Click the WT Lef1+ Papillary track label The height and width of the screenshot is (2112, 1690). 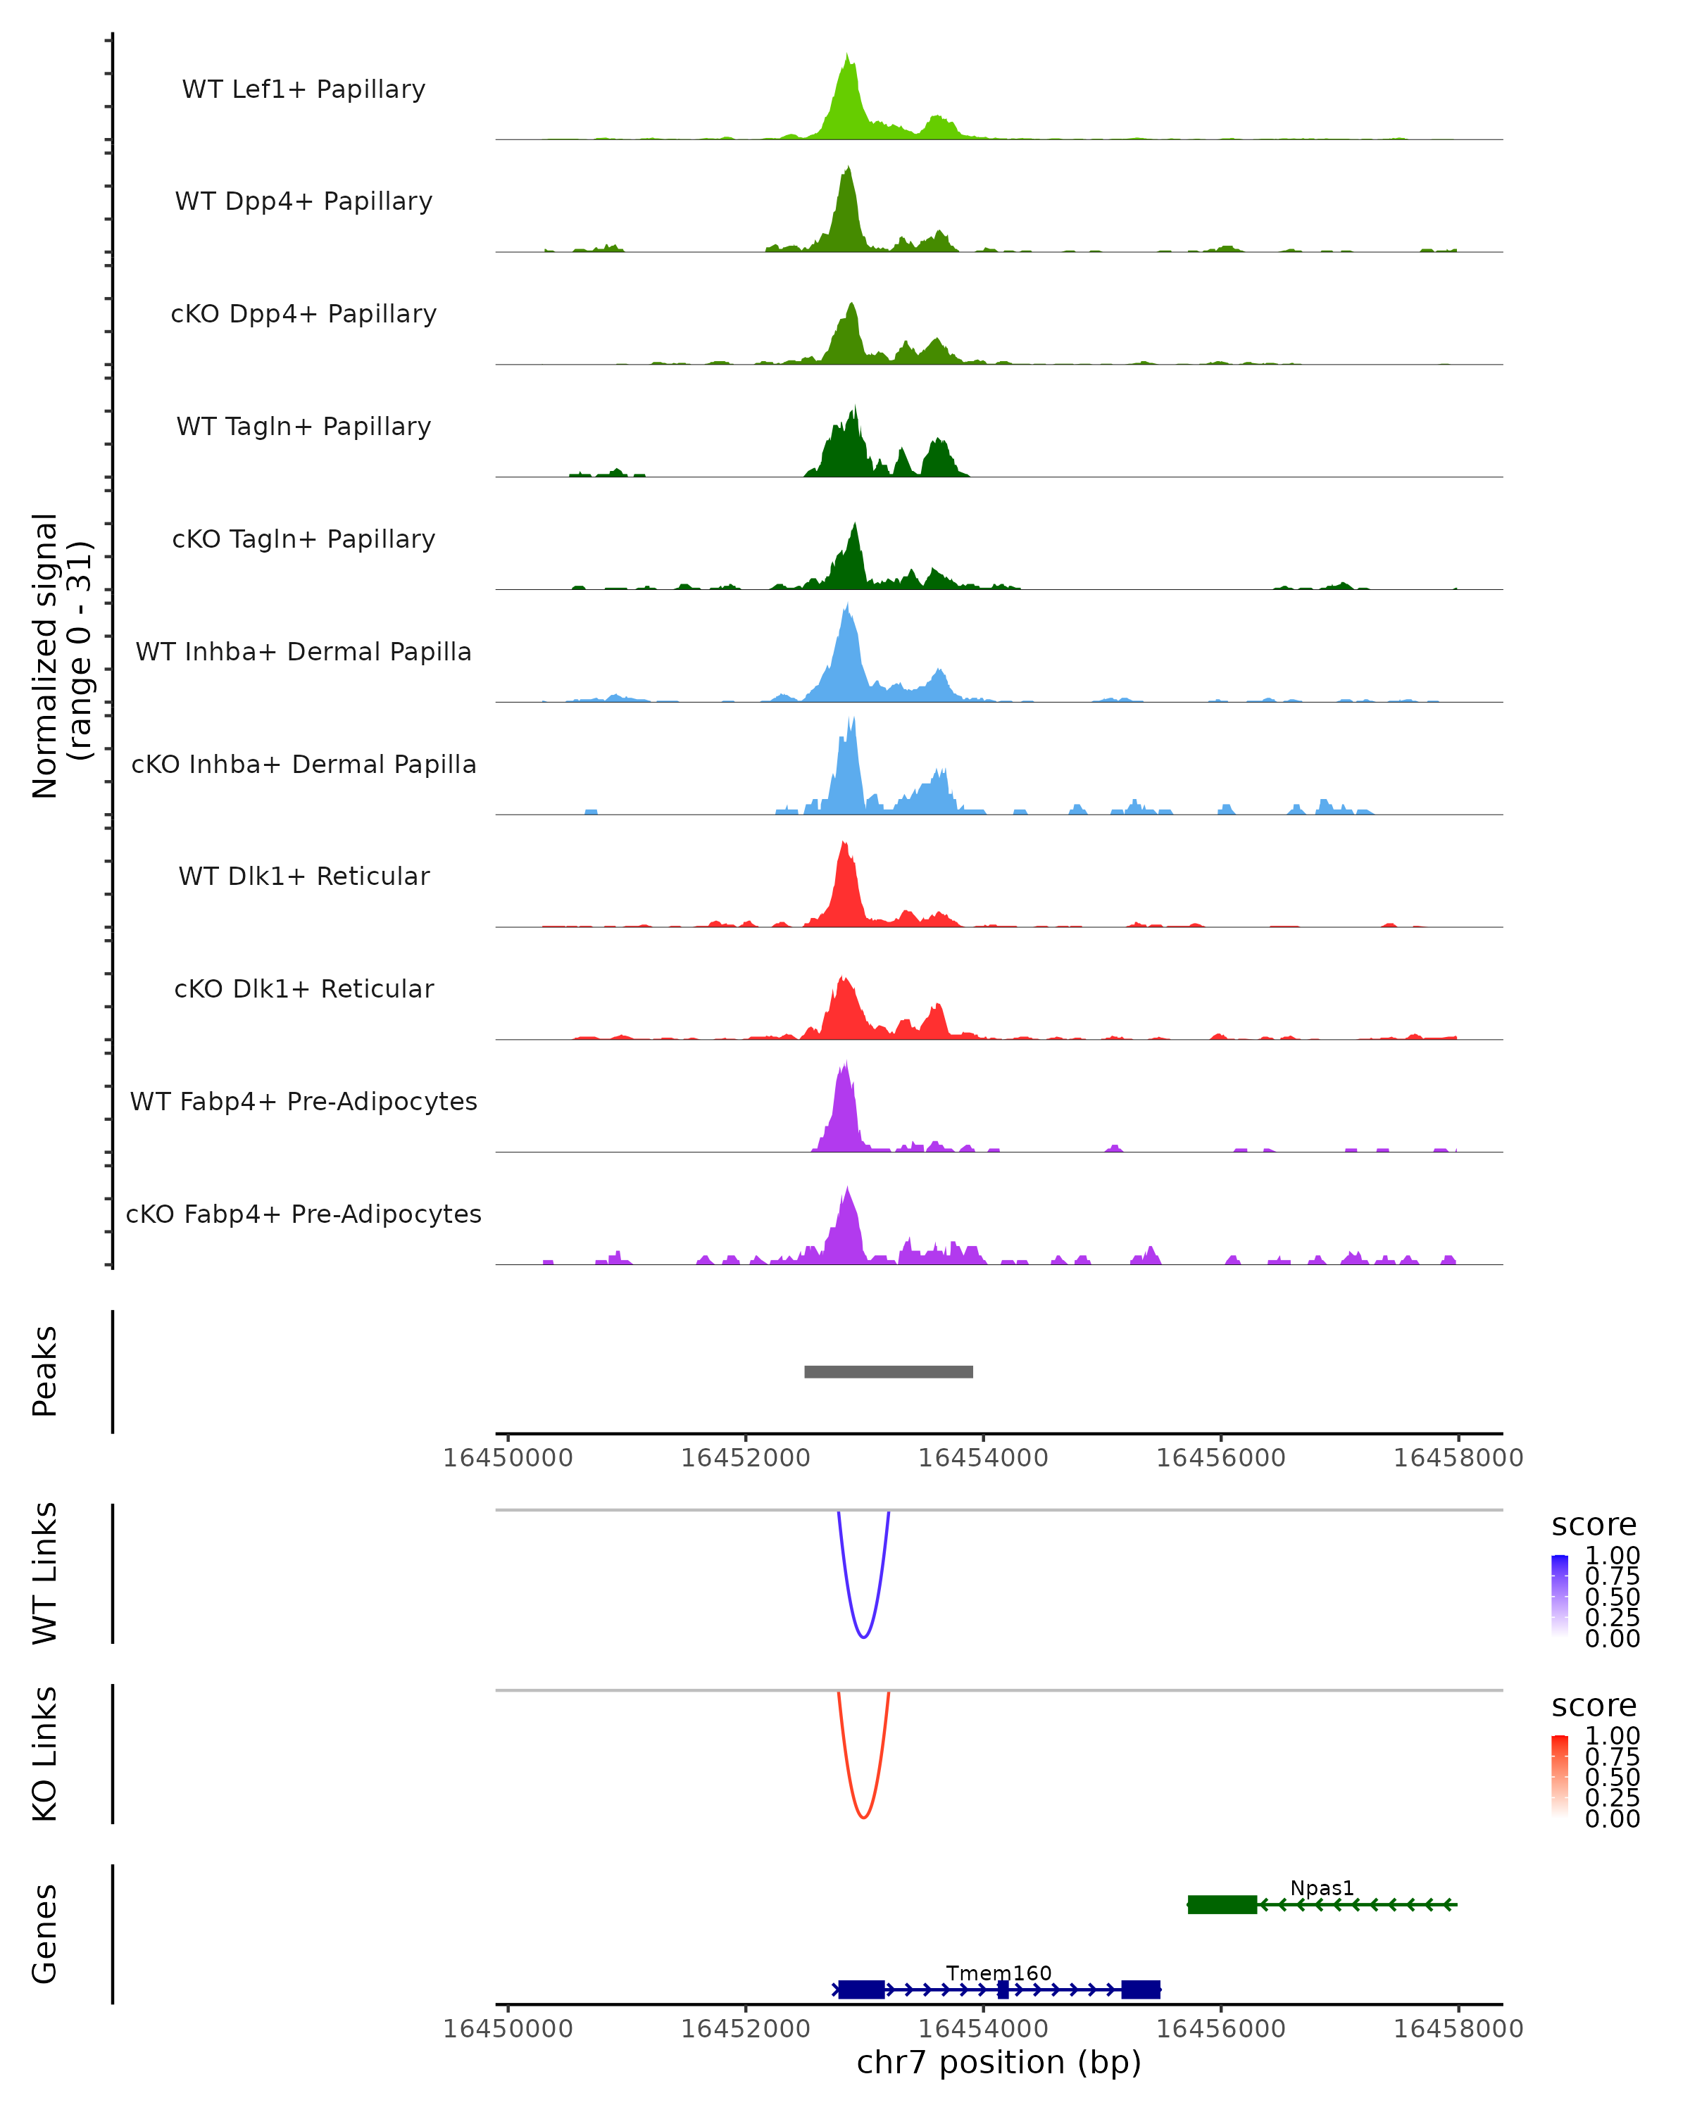(x=303, y=89)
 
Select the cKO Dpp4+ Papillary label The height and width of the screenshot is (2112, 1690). (x=303, y=313)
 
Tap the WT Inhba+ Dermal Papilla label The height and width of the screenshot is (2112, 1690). (x=303, y=651)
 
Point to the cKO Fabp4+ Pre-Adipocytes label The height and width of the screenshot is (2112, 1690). (x=303, y=1214)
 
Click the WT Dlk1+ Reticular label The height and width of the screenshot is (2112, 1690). (x=303, y=876)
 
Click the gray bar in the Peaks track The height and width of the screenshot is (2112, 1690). (x=888, y=1371)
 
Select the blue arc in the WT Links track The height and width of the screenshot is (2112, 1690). (x=863, y=1636)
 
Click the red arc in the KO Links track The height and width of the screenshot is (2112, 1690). (x=863, y=1817)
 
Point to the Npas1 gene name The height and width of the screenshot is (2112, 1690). (x=1322, y=1887)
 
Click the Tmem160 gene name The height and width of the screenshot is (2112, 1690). (x=999, y=1973)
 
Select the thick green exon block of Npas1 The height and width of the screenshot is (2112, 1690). (x=1222, y=1904)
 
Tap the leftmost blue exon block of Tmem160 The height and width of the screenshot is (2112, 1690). (x=861, y=1989)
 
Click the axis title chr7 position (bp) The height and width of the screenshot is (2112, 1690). (x=999, y=2062)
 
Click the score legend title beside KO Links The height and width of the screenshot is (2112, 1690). (x=1594, y=1706)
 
